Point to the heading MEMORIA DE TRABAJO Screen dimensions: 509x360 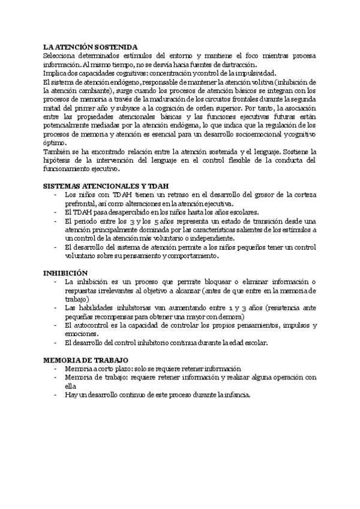coord(86,360)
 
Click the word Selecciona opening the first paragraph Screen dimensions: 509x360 coord(62,56)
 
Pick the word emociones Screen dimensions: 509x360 coord(80,334)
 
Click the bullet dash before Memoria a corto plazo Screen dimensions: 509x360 coord(55,369)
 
